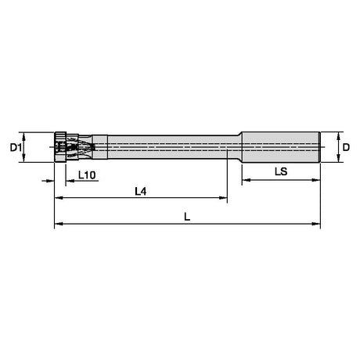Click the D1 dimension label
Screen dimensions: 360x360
[x=16, y=148]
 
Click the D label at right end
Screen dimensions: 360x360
[x=346, y=148]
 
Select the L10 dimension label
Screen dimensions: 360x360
[x=87, y=175]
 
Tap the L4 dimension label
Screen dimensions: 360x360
[x=141, y=192]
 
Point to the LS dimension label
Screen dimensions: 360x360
[x=281, y=171]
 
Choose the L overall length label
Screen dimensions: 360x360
[x=187, y=217]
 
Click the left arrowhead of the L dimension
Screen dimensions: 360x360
[x=59, y=224]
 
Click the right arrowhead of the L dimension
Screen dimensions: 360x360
[x=316, y=224]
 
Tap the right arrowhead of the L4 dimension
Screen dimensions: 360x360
[x=223, y=198]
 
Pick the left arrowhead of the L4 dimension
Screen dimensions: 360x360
[x=59, y=198]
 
